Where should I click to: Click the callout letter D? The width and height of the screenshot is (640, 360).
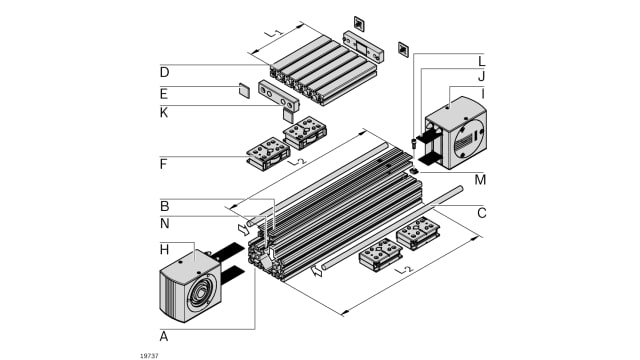164,73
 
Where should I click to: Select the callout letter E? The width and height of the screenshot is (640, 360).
164,94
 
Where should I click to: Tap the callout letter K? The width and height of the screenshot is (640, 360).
164,113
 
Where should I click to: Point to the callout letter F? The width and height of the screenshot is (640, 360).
163,164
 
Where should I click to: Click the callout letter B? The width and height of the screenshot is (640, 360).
164,206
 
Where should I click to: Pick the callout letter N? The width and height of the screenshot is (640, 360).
164,224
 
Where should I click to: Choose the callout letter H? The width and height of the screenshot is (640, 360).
164,249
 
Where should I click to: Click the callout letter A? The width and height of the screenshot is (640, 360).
164,336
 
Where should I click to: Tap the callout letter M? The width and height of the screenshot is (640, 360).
480,180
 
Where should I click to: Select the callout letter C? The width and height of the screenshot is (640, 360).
482,213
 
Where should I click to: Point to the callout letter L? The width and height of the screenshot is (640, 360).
482,61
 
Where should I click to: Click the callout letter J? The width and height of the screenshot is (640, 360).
482,76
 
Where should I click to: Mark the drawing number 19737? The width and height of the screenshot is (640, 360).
149,356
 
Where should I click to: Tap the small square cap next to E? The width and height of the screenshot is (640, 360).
244,91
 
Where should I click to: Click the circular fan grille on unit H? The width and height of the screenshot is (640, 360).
200,293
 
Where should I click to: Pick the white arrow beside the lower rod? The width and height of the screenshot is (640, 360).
316,271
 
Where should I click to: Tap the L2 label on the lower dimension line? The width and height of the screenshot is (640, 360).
404,270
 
